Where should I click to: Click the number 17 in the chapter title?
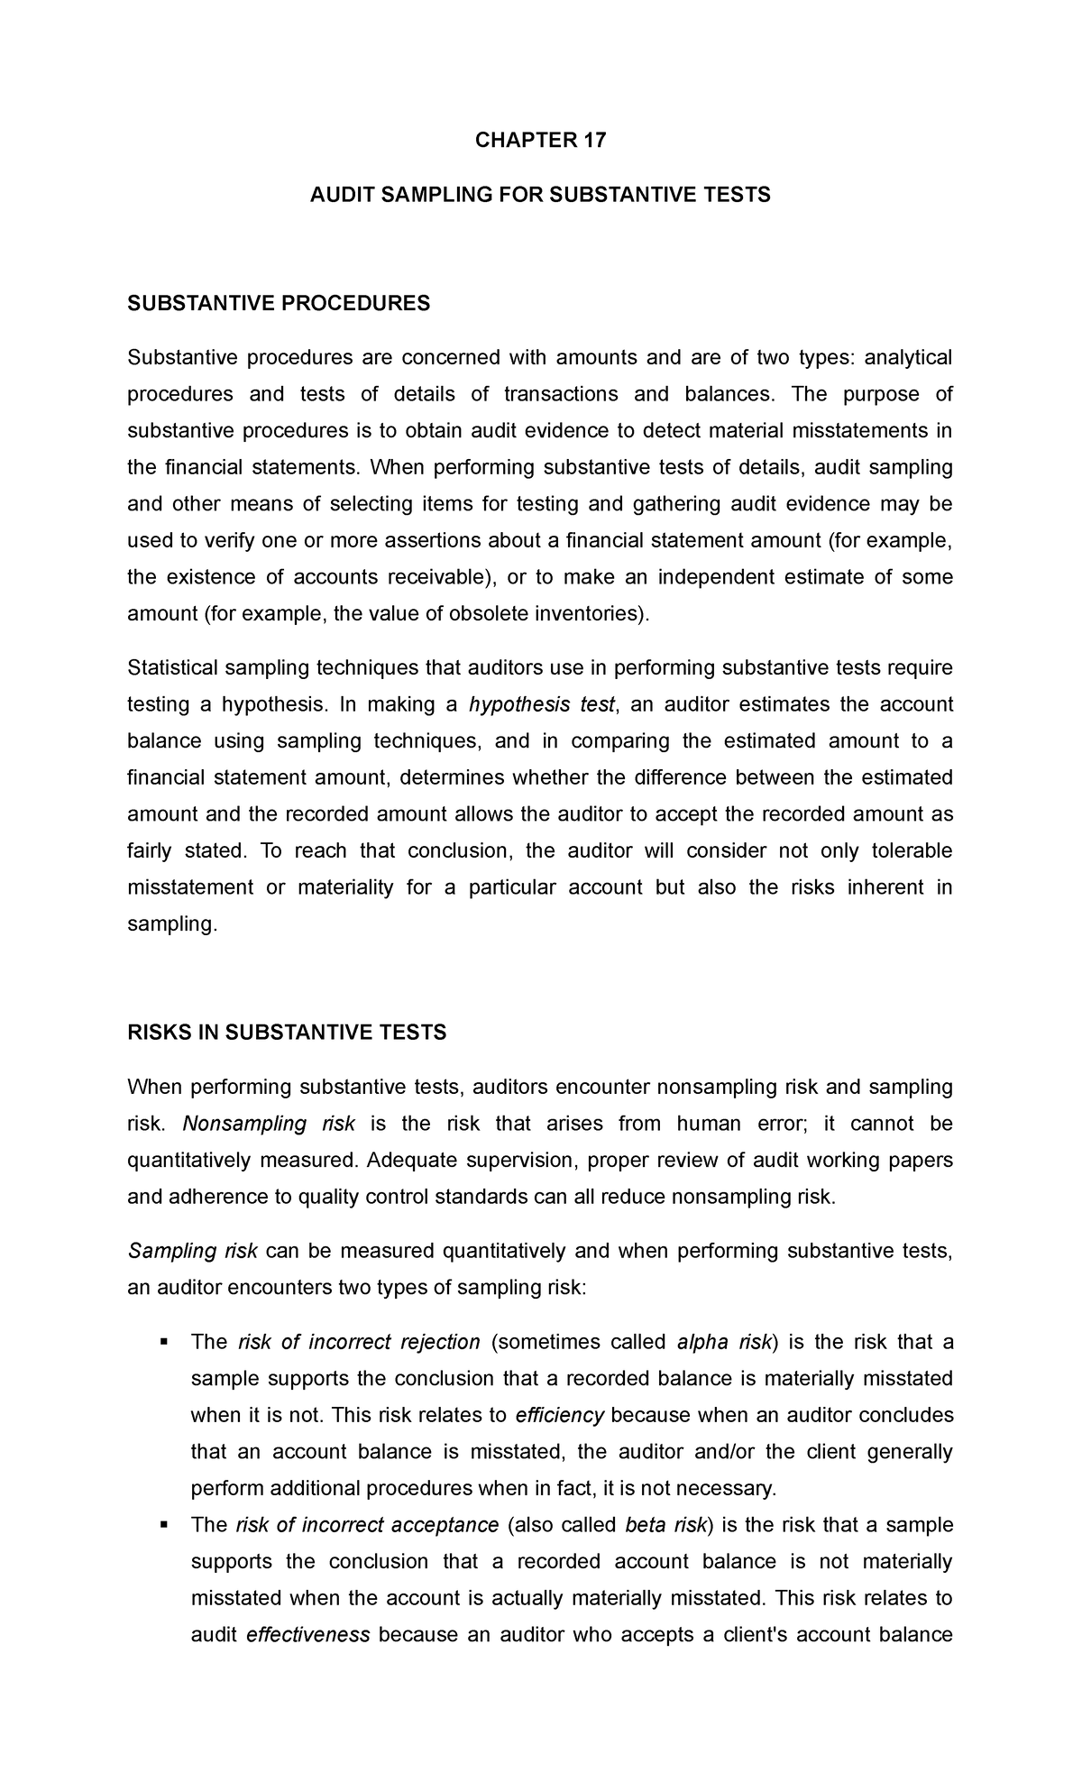pyautogui.click(x=592, y=141)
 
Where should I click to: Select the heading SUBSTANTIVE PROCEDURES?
pyautogui.click(x=279, y=304)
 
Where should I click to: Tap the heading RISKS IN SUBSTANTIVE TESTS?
pyautogui.click(x=287, y=1033)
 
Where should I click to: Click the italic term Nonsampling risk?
pyautogui.click(x=268, y=1124)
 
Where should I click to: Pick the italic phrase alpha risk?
pyautogui.click(x=723, y=1342)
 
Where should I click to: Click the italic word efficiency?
pyautogui.click(x=559, y=1415)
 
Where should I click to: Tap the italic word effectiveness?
pyautogui.click(x=307, y=1634)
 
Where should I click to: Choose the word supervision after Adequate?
pyautogui.click(x=515, y=1160)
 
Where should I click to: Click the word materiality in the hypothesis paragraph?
pyautogui.click(x=345, y=887)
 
